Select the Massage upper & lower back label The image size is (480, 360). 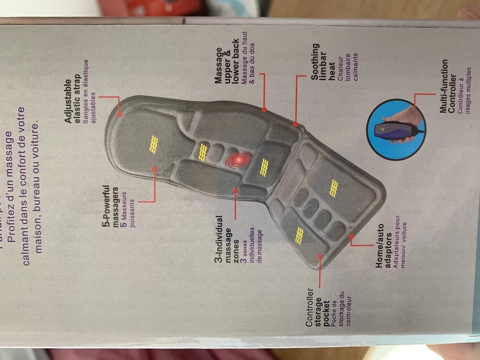coord(230,61)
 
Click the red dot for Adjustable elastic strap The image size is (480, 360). coord(120,114)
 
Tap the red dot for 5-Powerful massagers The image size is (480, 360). coord(154,169)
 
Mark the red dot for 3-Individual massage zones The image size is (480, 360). coord(235,191)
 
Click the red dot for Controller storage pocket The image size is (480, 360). coord(319,255)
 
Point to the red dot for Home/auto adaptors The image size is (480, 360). coord(352,236)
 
